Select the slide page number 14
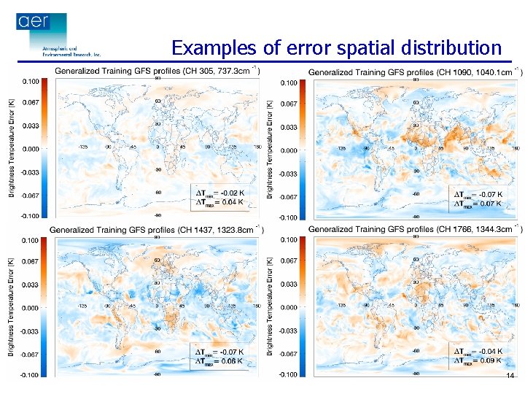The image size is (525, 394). [x=510, y=375]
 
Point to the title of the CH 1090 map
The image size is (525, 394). [x=414, y=72]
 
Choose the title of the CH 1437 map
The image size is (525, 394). [x=155, y=229]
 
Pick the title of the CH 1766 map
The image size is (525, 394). [x=414, y=229]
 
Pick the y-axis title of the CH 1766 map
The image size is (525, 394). [x=271, y=307]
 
